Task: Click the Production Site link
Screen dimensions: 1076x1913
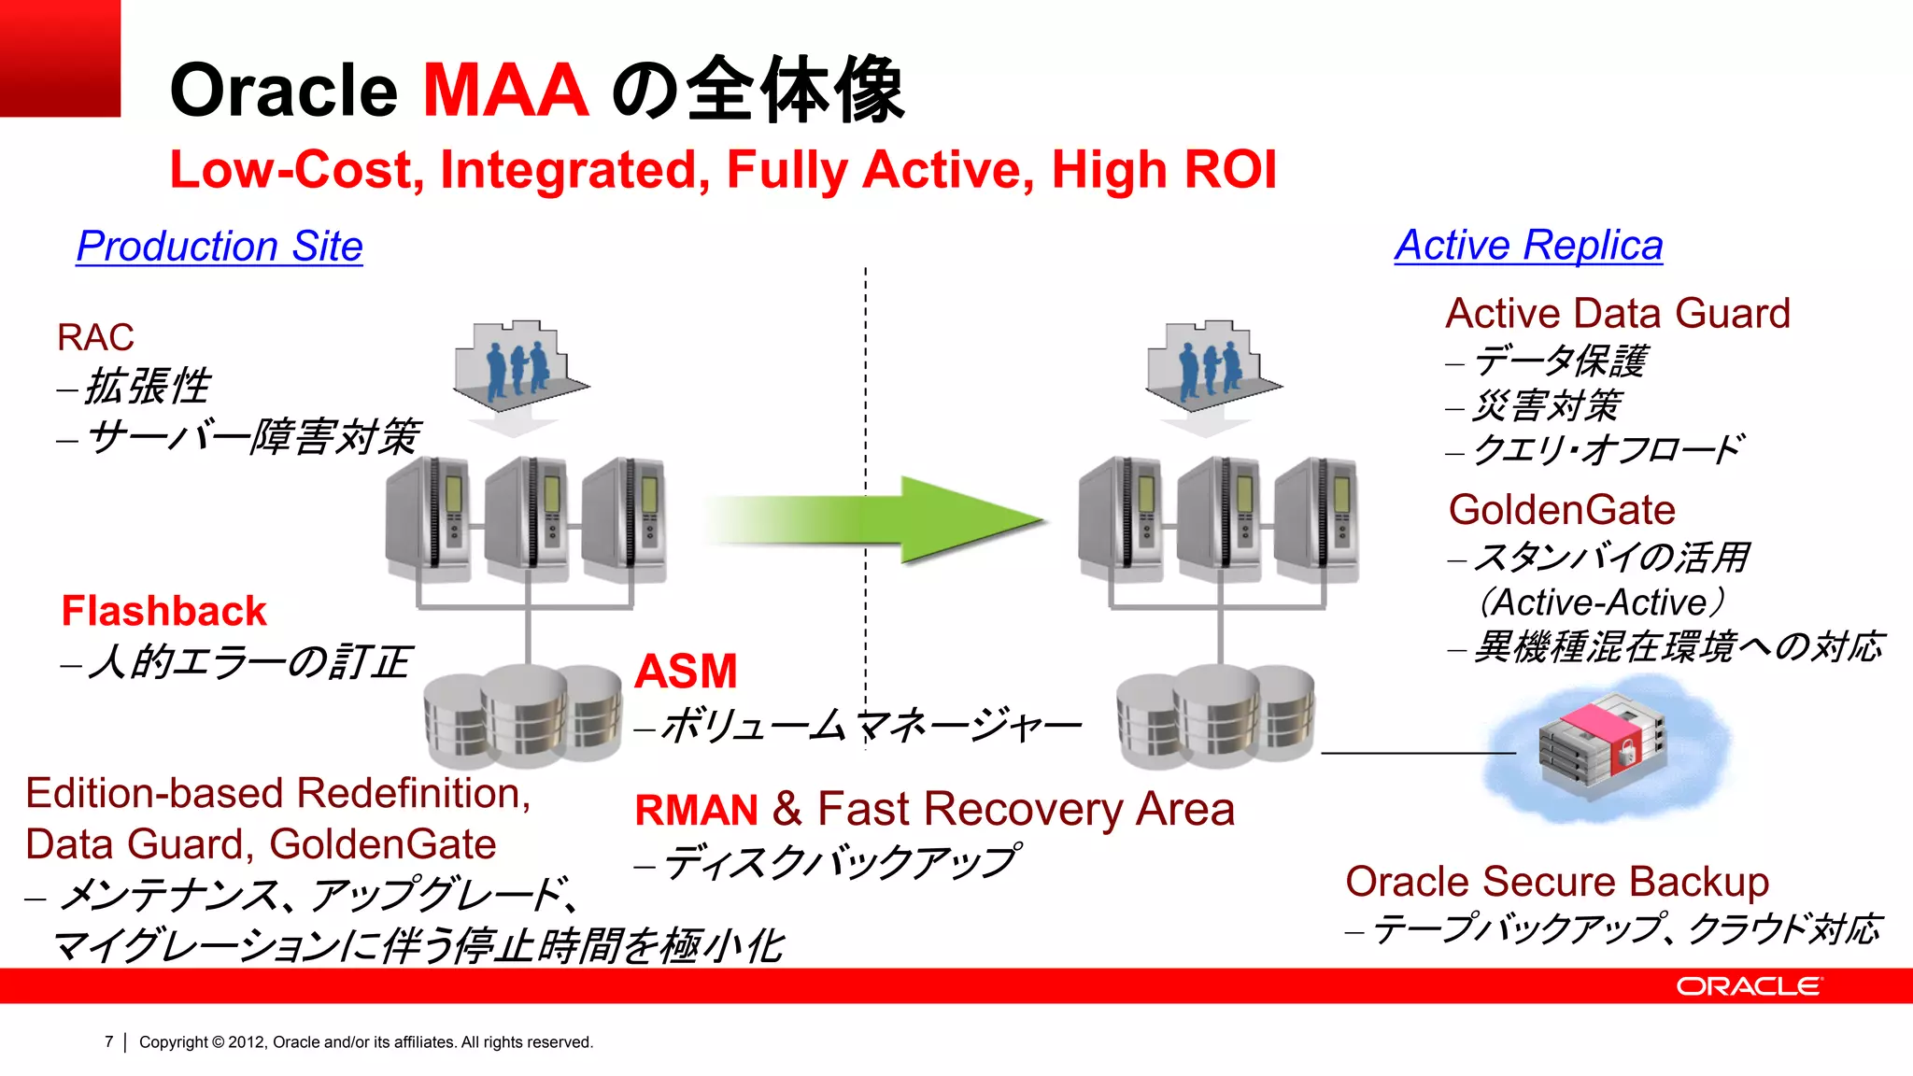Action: pyautogui.click(x=220, y=247)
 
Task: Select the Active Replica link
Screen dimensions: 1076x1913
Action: pyautogui.click(x=1528, y=246)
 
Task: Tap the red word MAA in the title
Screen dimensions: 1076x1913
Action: pyautogui.click(x=505, y=91)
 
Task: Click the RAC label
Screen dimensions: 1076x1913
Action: pyautogui.click(x=95, y=337)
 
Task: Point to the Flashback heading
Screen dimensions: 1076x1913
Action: pyautogui.click(x=163, y=611)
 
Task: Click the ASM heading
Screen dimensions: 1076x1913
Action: pyautogui.click(x=686, y=671)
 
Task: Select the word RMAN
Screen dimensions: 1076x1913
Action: pyautogui.click(x=696, y=810)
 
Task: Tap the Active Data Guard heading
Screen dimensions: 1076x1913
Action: pyautogui.click(x=1617, y=314)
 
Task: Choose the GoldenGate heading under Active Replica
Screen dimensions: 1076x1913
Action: pyautogui.click(x=1562, y=510)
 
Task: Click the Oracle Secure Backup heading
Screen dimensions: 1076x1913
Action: pyautogui.click(x=1557, y=882)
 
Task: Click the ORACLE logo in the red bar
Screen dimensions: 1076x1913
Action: pyautogui.click(x=1749, y=986)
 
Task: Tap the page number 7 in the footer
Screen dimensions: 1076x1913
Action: pyautogui.click(x=109, y=1041)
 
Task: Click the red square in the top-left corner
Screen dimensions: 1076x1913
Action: pyautogui.click(x=60, y=58)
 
